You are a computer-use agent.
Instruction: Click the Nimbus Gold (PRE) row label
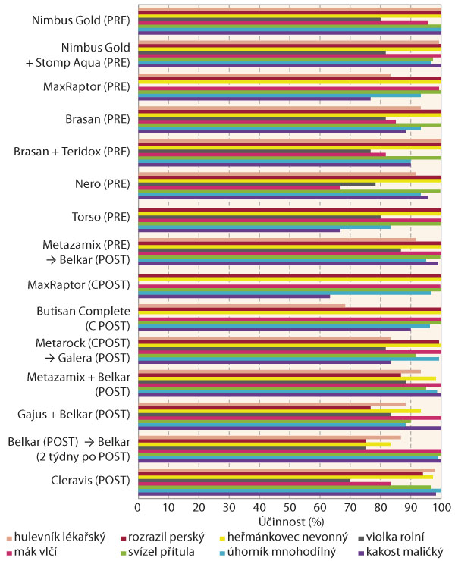(79, 21)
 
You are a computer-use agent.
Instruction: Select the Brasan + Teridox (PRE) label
(71, 152)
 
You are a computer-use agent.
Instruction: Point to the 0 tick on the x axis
(138, 506)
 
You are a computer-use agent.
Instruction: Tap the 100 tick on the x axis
(441, 506)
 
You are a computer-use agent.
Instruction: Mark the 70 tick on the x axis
(350, 506)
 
